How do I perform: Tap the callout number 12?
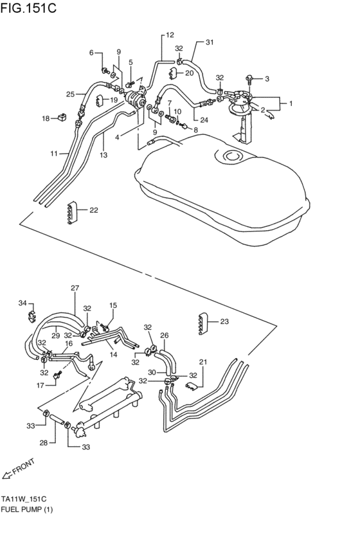[170, 35]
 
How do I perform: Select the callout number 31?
[209, 42]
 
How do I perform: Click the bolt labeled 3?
[251, 79]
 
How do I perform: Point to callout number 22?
[94, 210]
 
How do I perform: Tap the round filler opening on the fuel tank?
[231, 156]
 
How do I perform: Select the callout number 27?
[75, 288]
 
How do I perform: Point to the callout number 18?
[46, 118]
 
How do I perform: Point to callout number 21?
[203, 363]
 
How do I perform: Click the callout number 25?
[71, 94]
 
